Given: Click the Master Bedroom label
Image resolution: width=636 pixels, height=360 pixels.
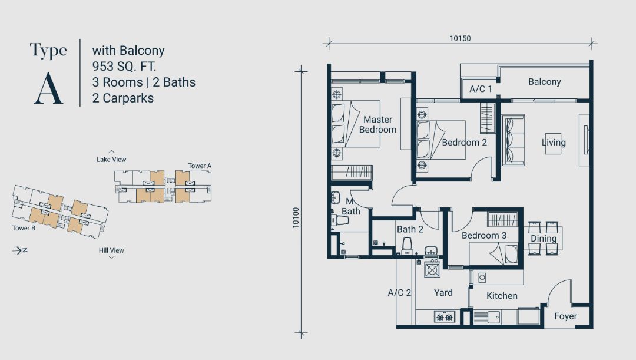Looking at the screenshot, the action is (x=377, y=124).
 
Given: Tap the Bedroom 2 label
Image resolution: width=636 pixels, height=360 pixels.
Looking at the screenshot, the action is (x=464, y=143).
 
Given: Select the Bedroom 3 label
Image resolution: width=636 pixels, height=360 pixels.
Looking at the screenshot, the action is (x=484, y=236).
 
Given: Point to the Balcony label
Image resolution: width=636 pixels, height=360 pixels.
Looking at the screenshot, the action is (x=544, y=81).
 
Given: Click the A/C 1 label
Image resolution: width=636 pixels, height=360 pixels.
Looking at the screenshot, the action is (x=481, y=89).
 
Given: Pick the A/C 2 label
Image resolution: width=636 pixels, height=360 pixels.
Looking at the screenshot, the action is (x=399, y=293).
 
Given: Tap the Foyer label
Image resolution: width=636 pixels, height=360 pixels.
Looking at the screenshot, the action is (x=565, y=316).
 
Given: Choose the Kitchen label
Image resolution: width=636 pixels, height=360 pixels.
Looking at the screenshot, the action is (x=502, y=296).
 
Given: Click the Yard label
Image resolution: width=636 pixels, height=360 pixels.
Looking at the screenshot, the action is (x=443, y=293).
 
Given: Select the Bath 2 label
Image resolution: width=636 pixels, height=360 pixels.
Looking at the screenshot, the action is (x=410, y=229).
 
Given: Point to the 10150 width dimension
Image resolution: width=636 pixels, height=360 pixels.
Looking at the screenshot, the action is (x=460, y=38).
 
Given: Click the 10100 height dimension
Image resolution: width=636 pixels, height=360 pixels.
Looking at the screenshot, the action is (x=296, y=217).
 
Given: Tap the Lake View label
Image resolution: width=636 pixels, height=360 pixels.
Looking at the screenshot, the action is (x=111, y=160).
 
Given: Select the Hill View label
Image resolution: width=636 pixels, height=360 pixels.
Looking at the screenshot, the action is (x=111, y=250).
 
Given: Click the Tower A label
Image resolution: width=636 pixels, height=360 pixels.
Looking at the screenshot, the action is (x=200, y=166).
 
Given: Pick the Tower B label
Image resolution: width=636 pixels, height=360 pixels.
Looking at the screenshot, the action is (x=24, y=228).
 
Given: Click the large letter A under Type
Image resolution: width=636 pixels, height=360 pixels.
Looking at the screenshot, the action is (x=48, y=88).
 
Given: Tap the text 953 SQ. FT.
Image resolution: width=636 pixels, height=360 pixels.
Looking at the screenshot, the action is (x=124, y=66).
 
